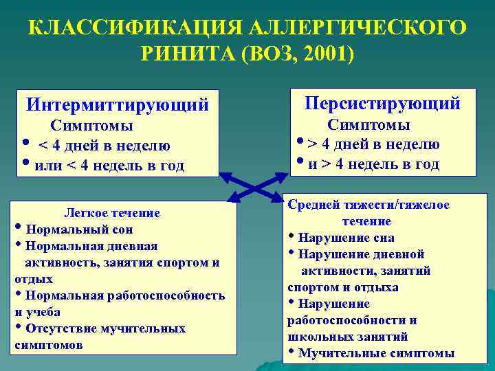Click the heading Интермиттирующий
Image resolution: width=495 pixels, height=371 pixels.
(x=117, y=105)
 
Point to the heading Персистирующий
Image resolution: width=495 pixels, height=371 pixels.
(x=383, y=104)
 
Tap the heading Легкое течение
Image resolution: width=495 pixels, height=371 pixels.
(x=111, y=213)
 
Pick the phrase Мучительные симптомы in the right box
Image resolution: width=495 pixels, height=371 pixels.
(x=376, y=353)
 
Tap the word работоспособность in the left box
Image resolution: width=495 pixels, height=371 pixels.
(x=164, y=295)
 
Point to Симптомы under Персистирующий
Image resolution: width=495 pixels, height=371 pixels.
(x=368, y=125)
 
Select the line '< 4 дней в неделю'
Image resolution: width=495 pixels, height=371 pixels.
(x=104, y=146)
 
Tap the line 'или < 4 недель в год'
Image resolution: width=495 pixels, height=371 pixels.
(x=109, y=166)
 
